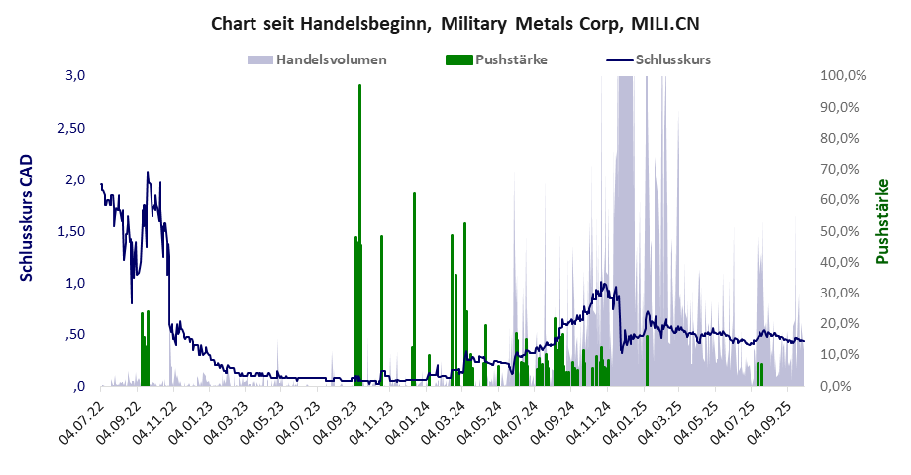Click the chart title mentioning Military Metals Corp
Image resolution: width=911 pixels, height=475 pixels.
[455, 23]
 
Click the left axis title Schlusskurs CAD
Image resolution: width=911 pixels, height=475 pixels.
[27, 217]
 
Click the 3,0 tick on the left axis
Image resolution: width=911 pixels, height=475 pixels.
[76, 76]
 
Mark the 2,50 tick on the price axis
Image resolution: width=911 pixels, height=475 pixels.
[72, 128]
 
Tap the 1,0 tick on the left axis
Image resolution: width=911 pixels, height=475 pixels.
[76, 283]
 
